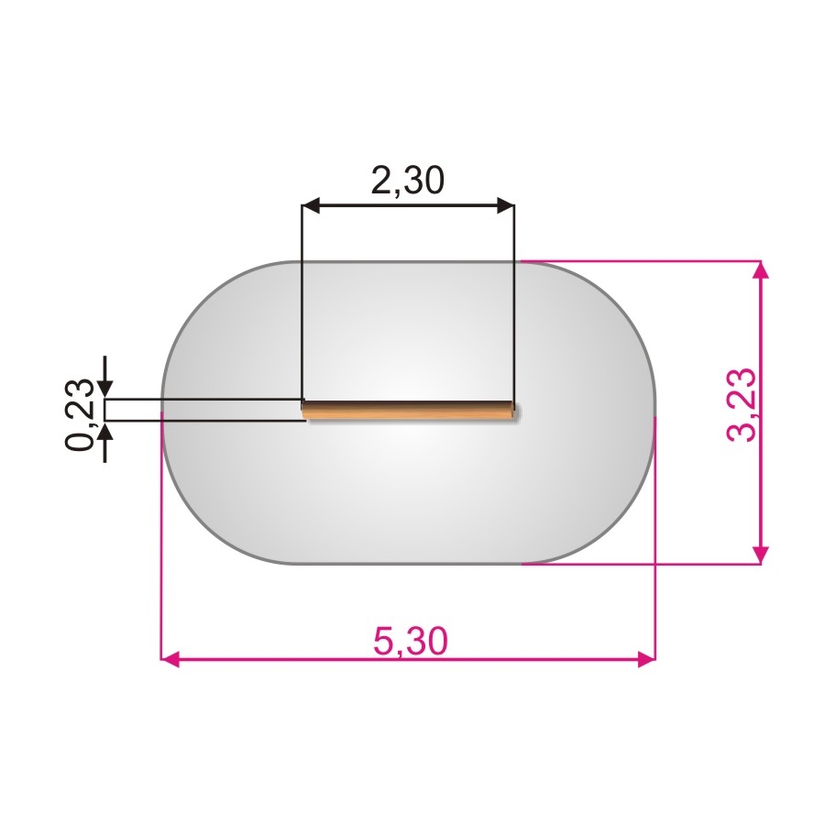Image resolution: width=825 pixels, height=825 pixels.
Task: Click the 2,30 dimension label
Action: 408,180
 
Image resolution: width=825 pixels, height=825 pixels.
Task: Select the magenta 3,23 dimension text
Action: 741,405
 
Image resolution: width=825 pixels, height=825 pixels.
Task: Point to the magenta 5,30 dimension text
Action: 411,641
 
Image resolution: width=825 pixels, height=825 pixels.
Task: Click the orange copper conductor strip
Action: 411,411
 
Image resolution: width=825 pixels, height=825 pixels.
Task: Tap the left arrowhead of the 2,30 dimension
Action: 312,205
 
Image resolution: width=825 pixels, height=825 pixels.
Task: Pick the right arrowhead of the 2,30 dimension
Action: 505,205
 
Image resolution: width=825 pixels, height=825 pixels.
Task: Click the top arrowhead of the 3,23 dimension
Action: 760,269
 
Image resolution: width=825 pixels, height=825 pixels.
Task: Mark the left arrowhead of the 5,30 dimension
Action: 170,658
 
